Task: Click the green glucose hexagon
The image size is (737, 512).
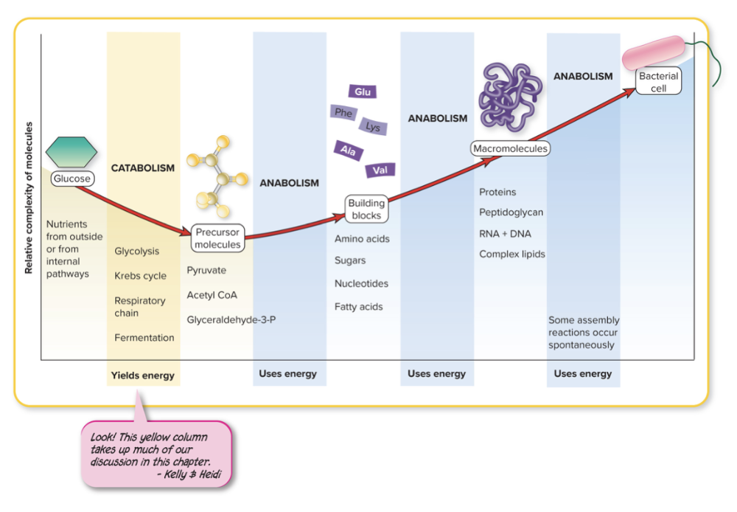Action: [x=71, y=151]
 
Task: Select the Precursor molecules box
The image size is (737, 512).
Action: [x=217, y=238]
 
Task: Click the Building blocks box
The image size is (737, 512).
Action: [x=366, y=210]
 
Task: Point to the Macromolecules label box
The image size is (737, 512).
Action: [x=511, y=149]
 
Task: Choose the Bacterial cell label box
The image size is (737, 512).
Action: [x=658, y=82]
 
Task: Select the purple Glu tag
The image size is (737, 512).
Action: [x=363, y=91]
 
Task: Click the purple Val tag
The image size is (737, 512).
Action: [x=380, y=170]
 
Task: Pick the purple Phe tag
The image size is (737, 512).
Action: [x=343, y=113]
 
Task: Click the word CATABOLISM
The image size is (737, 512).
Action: [x=143, y=168]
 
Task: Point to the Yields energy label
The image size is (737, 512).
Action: [x=143, y=376]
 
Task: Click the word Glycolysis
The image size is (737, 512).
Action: [x=136, y=251]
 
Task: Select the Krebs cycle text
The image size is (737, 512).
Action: [x=140, y=276]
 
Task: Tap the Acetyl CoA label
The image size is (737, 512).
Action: [x=212, y=295]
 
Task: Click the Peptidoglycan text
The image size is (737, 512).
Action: [x=511, y=212]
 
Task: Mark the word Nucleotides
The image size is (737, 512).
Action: [x=361, y=283]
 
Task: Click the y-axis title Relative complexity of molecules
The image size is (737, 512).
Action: [x=29, y=198]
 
